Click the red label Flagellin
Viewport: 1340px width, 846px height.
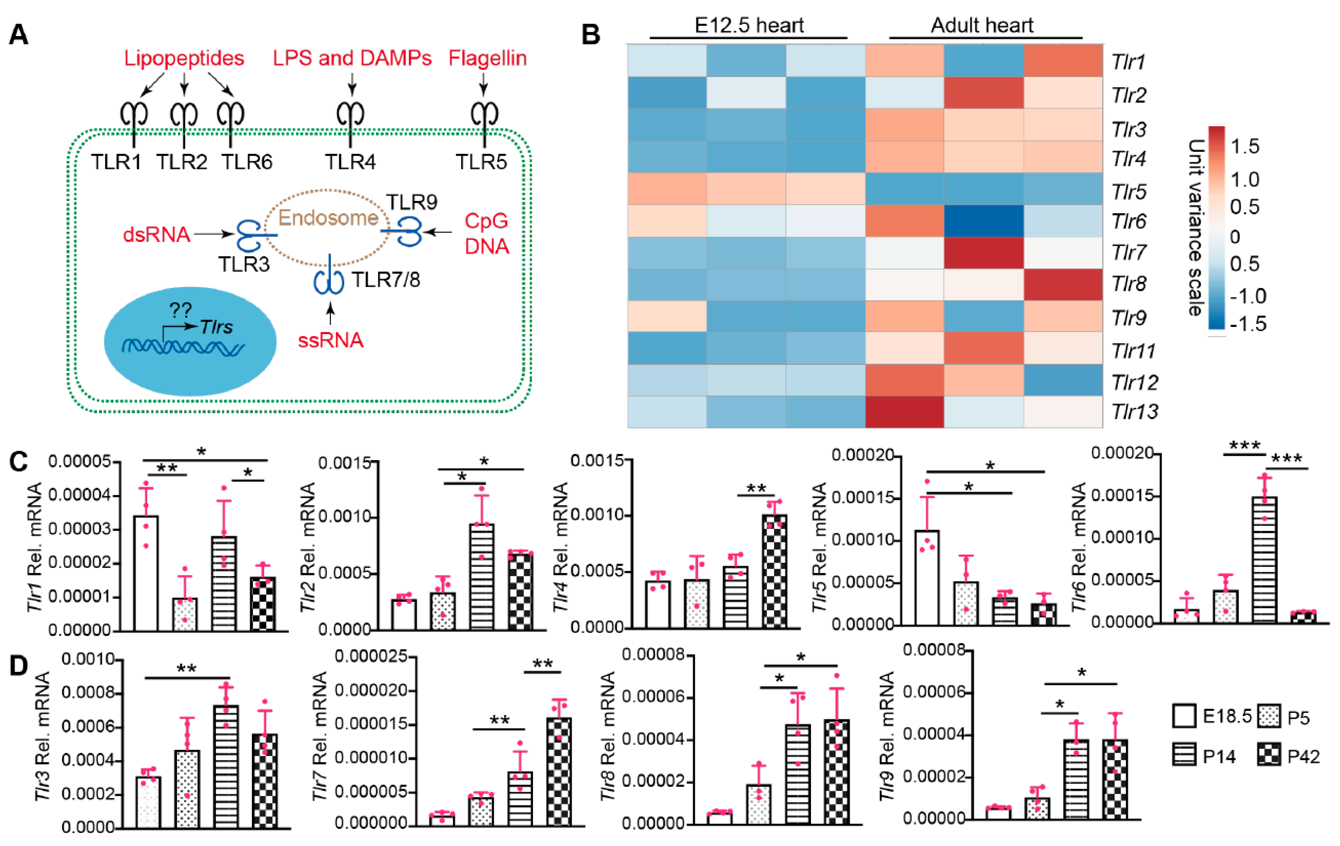[x=487, y=58]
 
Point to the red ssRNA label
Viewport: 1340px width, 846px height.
[x=330, y=340]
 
